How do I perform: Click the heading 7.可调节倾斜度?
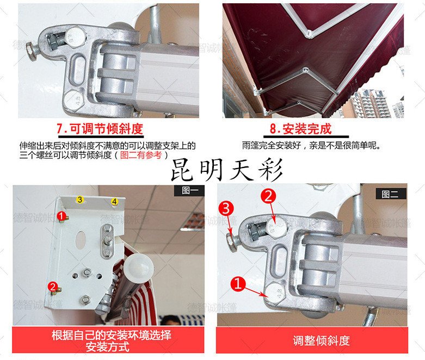click(x=100, y=129)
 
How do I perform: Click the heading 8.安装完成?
click(x=300, y=129)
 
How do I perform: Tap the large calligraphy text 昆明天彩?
click(x=227, y=170)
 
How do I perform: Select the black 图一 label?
click(x=189, y=190)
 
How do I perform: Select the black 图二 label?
click(x=391, y=194)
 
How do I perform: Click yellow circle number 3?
click(x=79, y=200)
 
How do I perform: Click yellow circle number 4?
click(x=114, y=202)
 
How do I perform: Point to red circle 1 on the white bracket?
click(x=62, y=216)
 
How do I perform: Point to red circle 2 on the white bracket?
click(x=53, y=287)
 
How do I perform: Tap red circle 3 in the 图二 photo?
click(x=226, y=209)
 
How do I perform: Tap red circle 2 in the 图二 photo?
click(x=268, y=196)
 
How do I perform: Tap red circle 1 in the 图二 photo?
click(x=238, y=284)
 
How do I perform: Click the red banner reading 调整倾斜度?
click(x=312, y=340)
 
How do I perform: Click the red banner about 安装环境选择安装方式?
click(x=108, y=340)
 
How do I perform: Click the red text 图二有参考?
click(x=141, y=155)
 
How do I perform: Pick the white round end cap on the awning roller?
click(x=139, y=268)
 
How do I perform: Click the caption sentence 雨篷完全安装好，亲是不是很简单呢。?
click(x=311, y=146)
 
